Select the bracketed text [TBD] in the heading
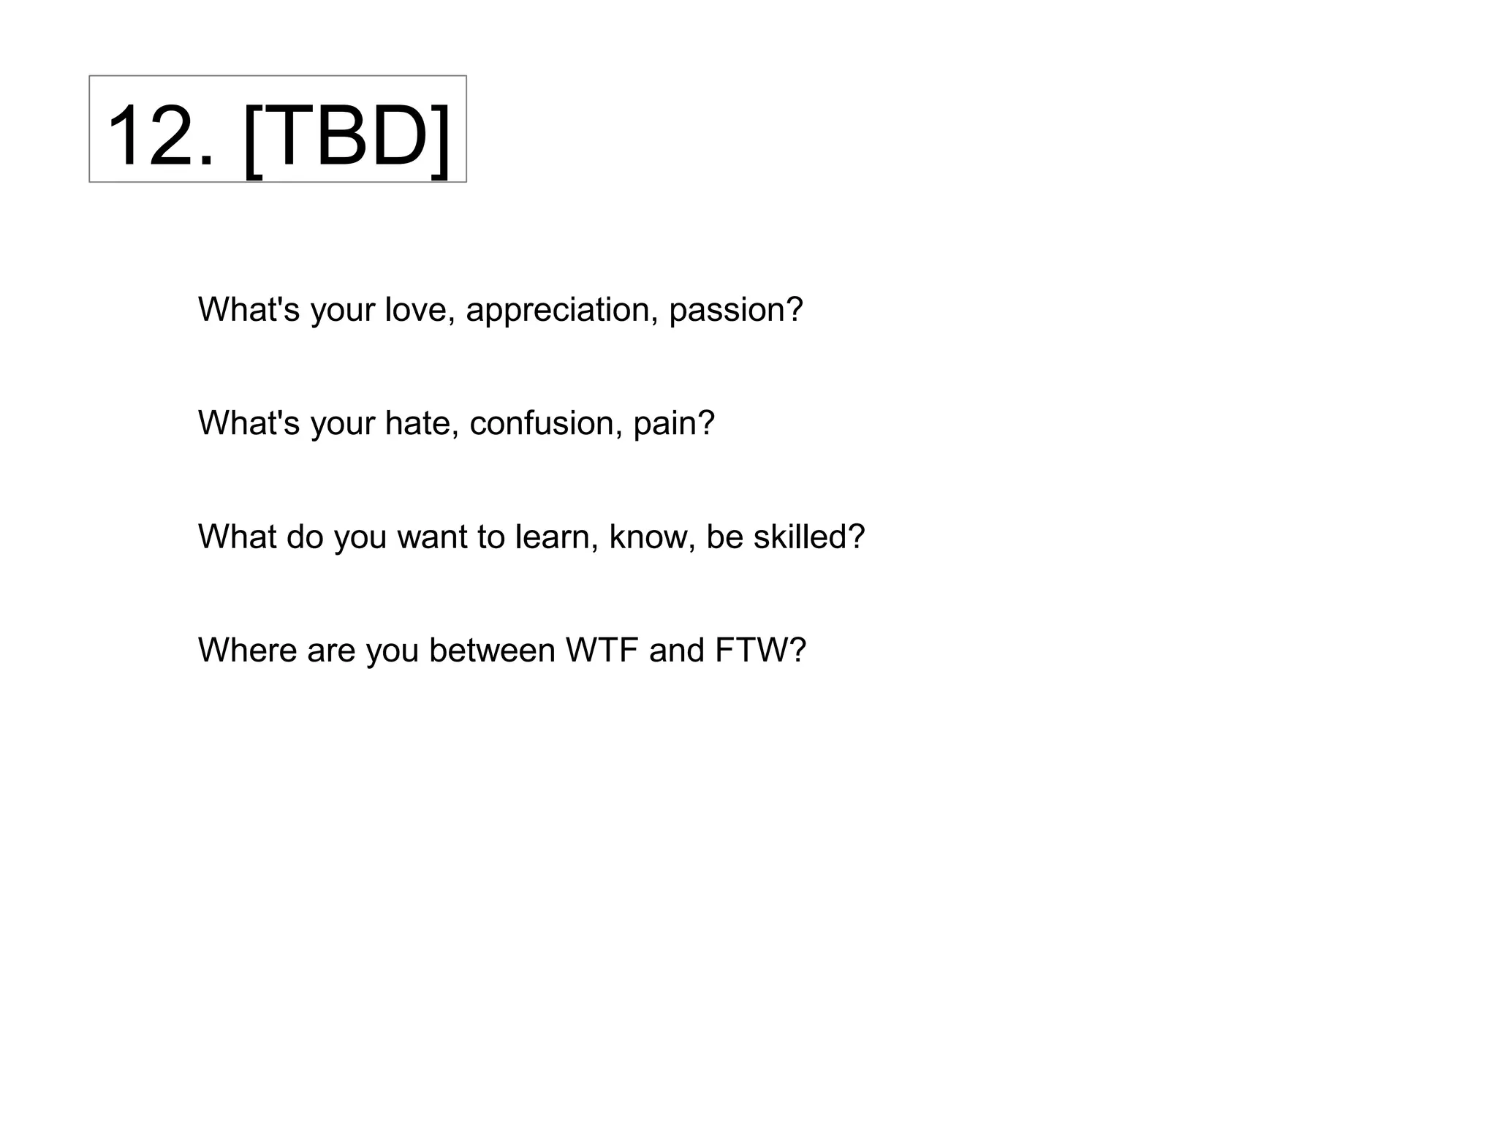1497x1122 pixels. coord(346,137)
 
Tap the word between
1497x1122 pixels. coord(492,651)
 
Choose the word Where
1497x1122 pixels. coord(246,651)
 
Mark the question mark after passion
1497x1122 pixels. coord(795,310)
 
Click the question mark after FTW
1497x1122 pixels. coord(798,651)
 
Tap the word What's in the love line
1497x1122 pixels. coord(249,310)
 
